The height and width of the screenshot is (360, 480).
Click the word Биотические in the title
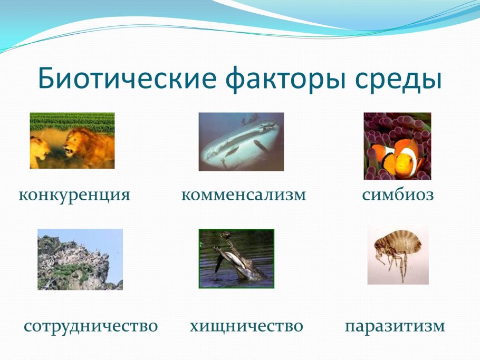click(127, 79)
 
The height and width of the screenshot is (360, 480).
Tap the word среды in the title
click(397, 79)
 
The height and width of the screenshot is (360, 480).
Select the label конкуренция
click(74, 195)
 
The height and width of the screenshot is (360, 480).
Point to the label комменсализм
click(243, 195)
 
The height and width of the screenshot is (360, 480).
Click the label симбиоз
click(398, 195)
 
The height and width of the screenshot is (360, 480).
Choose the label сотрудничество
click(91, 326)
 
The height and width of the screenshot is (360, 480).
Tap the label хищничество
click(246, 326)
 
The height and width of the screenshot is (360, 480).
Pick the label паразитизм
click(395, 326)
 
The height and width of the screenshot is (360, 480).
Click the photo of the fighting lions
click(72, 141)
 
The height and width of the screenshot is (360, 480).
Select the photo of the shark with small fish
click(241, 142)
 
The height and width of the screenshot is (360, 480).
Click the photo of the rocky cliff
click(80, 259)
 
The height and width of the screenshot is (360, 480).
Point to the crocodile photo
click(236, 258)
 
